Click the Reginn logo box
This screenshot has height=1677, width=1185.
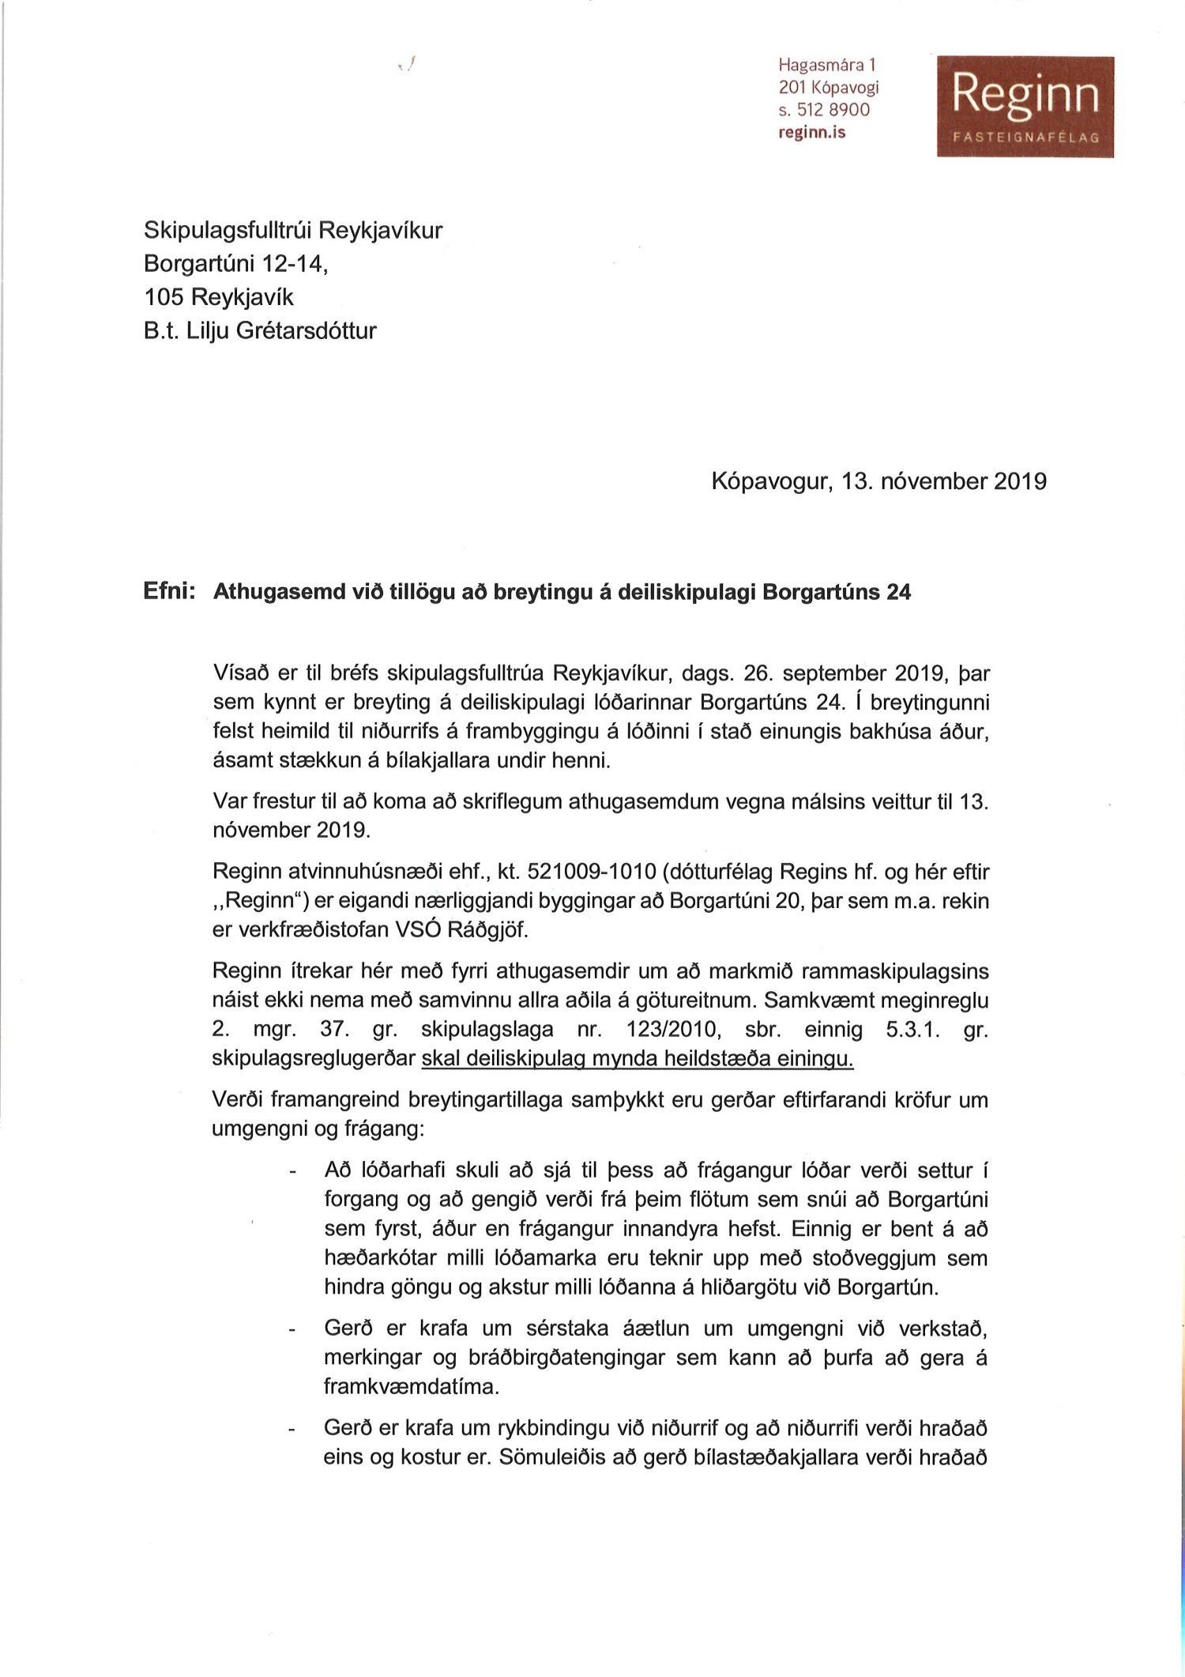[1025, 106]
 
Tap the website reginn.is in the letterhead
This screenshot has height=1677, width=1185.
[811, 133]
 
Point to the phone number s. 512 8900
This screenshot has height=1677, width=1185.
[823, 110]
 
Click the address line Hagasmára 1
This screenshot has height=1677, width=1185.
[826, 65]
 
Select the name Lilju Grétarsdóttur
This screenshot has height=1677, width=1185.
[281, 330]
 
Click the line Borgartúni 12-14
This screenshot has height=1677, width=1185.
[235, 263]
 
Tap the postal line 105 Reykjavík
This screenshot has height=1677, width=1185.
[218, 297]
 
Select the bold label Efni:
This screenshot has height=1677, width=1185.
[170, 591]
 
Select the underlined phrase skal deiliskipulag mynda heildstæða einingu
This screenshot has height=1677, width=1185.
[638, 1059]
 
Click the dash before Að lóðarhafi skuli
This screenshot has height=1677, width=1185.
[293, 1172]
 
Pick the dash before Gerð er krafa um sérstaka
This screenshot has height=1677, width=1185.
[293, 1331]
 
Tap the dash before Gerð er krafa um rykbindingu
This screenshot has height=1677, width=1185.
[293, 1430]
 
